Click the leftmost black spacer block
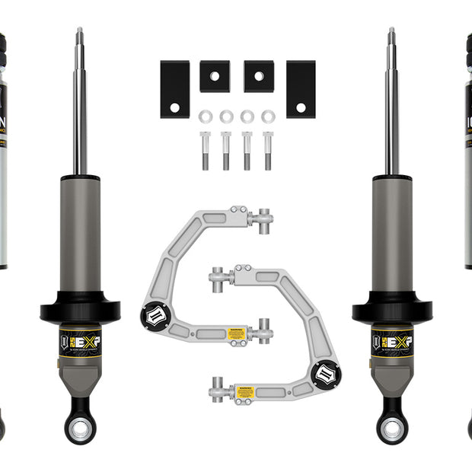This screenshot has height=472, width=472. click(174, 89)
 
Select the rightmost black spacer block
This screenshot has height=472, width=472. click(301, 89)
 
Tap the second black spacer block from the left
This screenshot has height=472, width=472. click(215, 76)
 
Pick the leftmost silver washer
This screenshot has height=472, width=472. click(205, 116)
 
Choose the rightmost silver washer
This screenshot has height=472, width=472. click(268, 116)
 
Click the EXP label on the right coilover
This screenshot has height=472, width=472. click(392, 341)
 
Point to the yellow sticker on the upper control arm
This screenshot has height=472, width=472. click(237, 333)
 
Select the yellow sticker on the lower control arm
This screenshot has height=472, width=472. click(244, 390)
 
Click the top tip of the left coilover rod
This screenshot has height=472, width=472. click(79, 31)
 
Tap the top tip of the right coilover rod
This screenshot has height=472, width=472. click(391, 31)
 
